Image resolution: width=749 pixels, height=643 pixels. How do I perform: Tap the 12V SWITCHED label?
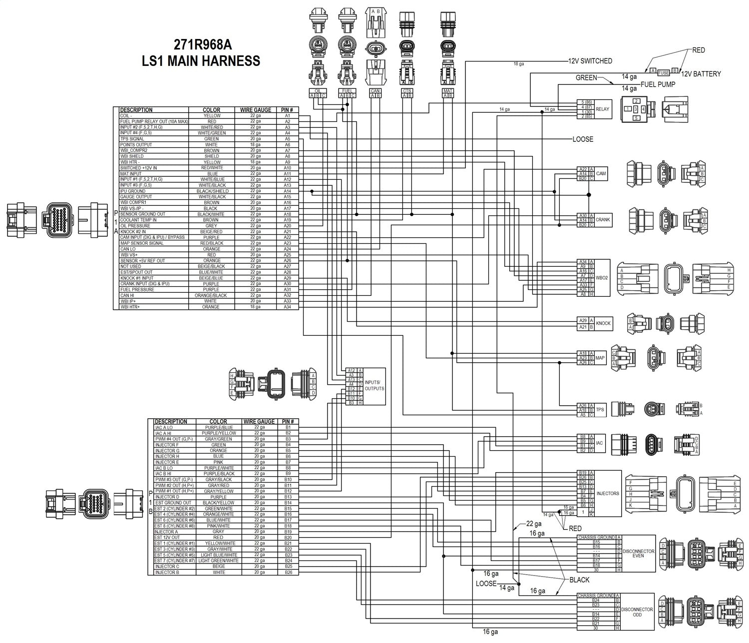coord(590,61)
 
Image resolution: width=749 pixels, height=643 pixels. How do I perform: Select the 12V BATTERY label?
coord(701,74)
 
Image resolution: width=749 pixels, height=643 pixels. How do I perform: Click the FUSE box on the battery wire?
coord(663,72)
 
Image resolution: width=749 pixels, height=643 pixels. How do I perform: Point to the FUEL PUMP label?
coord(658,84)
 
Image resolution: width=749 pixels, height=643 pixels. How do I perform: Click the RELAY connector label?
coord(603,109)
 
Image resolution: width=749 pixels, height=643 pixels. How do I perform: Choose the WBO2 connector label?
coord(602,278)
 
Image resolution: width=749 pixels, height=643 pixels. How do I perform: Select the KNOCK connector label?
coord(603,323)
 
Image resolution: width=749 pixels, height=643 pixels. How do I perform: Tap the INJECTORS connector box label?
coord(608,493)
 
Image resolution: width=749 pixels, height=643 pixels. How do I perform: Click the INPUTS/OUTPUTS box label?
coord(374,385)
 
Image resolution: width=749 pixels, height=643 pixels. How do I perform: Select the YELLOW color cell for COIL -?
coord(212,116)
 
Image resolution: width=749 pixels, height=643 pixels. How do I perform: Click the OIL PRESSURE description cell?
coord(135,226)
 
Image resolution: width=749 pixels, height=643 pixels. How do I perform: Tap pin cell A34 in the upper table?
coord(288,307)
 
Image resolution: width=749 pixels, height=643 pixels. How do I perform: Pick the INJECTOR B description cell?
coord(166,572)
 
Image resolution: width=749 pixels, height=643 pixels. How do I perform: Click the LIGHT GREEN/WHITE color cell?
coord(218,561)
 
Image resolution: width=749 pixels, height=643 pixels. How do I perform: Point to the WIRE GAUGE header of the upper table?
coord(256,110)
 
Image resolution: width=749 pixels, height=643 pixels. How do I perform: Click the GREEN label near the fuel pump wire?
coord(586,77)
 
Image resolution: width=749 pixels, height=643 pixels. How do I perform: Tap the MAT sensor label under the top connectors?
coord(447,91)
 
